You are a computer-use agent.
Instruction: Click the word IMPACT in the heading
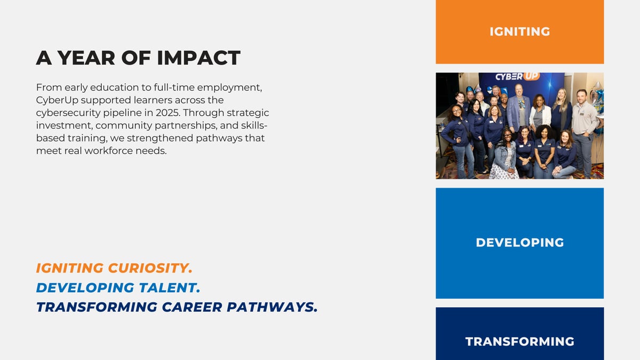(x=198, y=58)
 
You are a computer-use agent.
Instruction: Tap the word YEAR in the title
(x=86, y=58)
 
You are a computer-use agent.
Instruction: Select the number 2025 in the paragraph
(x=168, y=113)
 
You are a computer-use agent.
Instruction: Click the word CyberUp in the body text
(x=57, y=100)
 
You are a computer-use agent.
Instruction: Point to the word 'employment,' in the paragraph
(x=229, y=87)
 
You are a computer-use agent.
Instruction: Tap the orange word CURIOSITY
(x=150, y=268)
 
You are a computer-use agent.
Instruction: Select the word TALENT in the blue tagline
(x=170, y=287)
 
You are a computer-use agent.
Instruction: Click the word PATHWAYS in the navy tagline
(x=273, y=307)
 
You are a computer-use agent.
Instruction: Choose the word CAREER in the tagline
(x=192, y=307)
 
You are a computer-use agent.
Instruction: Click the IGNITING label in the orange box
(x=519, y=31)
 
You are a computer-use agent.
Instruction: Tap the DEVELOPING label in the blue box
(x=519, y=243)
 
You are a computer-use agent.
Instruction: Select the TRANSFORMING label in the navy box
(x=519, y=341)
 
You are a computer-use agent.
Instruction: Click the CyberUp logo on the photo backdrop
(x=517, y=77)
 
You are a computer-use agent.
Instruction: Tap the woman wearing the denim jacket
(x=505, y=154)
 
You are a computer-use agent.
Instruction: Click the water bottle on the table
(x=442, y=125)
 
